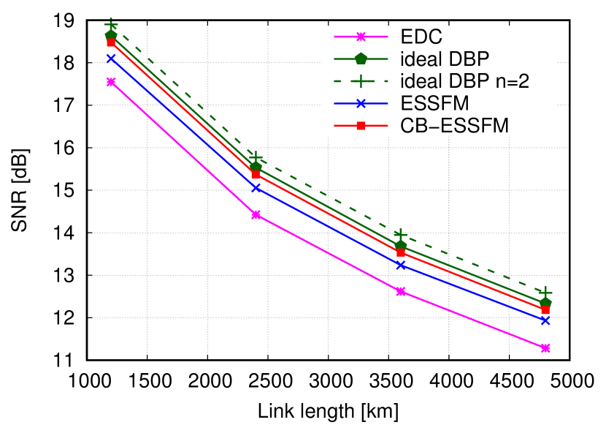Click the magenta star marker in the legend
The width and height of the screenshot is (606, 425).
(x=361, y=37)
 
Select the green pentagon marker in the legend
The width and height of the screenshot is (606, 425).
(x=361, y=59)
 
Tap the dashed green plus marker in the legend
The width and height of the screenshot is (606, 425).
(x=361, y=81)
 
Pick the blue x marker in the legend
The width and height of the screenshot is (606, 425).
(x=361, y=104)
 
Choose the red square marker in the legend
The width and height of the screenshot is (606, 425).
(x=361, y=126)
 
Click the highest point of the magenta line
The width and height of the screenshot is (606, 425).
(x=111, y=82)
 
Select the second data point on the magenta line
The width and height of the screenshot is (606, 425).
(x=256, y=215)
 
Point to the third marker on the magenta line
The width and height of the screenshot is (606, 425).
(x=401, y=292)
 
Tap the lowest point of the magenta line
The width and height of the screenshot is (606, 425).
(x=545, y=348)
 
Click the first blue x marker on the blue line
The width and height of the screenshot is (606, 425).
(x=111, y=59)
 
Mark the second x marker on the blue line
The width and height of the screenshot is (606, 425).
(x=256, y=188)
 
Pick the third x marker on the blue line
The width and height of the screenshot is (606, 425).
(x=401, y=265)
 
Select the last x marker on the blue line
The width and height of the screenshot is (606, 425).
(x=545, y=320)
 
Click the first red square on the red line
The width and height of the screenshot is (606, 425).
(x=111, y=42)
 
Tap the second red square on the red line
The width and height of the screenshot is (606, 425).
(x=256, y=174)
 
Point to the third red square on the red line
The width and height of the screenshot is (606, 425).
(x=401, y=252)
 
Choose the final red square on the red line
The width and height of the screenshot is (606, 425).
(x=545, y=310)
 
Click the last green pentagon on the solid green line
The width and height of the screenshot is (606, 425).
(x=545, y=302)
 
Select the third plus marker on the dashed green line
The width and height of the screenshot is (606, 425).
(x=401, y=235)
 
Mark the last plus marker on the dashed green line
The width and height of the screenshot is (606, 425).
(x=545, y=293)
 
